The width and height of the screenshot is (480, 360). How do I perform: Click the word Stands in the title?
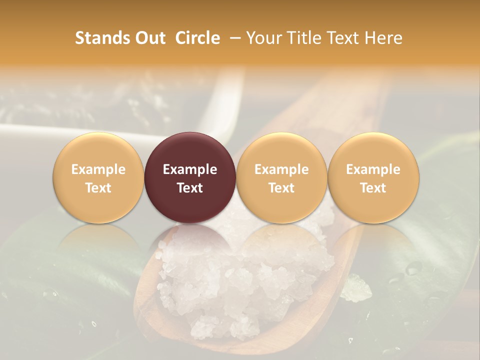(x=101, y=38)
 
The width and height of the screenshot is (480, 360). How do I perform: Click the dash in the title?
(x=233, y=38)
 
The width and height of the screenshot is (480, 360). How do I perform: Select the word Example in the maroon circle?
(x=190, y=169)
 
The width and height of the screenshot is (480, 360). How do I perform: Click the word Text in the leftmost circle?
(x=98, y=188)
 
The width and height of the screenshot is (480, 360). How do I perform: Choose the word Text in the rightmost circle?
(x=373, y=188)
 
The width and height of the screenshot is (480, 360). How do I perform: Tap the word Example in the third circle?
(x=281, y=169)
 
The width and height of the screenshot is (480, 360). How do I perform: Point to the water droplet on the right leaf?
(x=413, y=269)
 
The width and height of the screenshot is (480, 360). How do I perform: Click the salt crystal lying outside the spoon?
(x=356, y=289)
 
